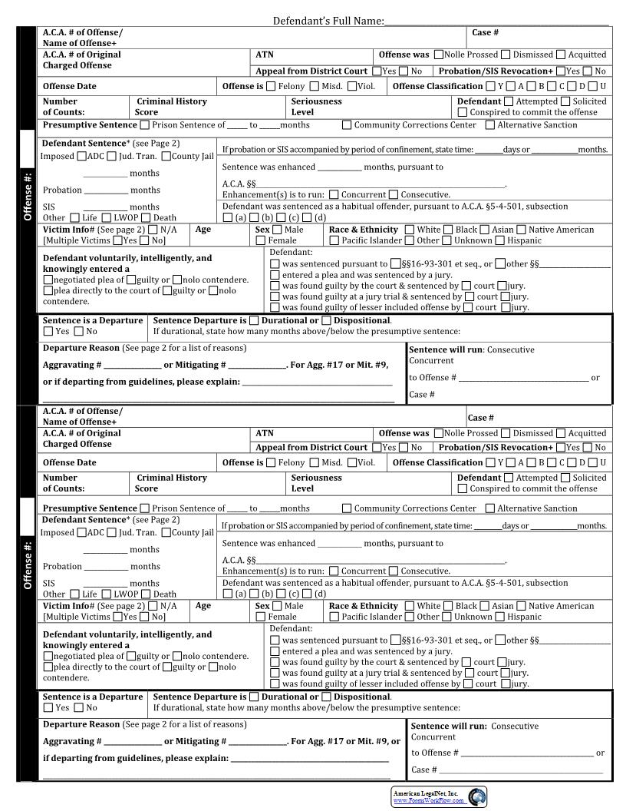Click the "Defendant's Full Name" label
point(328,21)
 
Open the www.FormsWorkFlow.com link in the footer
point(429,801)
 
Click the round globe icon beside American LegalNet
point(476,797)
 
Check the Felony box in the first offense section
point(271,87)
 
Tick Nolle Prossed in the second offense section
point(439,433)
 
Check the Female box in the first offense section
point(261,241)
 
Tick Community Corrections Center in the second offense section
point(347,508)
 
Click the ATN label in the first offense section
point(264,55)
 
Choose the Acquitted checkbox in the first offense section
point(561,55)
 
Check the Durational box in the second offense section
point(255,697)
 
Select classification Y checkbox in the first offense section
point(490,87)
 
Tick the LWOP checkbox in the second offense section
point(107,594)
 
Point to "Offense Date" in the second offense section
point(69,463)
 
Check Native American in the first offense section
point(522,230)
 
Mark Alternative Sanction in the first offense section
point(490,125)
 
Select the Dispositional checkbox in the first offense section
point(327,321)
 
